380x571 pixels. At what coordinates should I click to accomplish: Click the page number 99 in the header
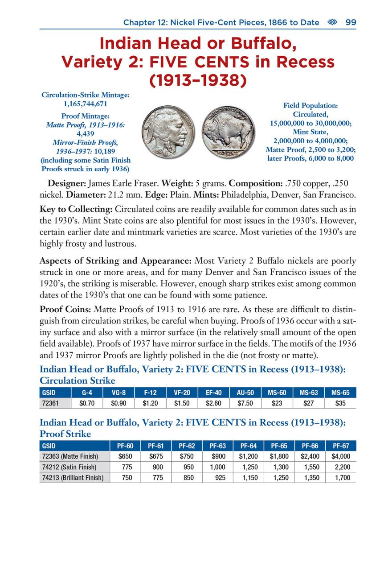tap(351, 22)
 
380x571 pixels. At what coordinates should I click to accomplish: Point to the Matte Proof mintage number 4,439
tap(85, 134)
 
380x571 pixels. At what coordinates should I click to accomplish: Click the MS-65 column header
tap(340, 393)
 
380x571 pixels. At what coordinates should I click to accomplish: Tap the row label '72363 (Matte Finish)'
tap(69, 456)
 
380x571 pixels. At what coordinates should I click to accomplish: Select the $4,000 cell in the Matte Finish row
tap(341, 456)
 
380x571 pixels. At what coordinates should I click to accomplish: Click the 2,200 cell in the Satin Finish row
tap(342, 467)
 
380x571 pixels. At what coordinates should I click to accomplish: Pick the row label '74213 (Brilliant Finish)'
tap(72, 478)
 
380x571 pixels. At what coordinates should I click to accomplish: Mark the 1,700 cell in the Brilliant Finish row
tap(342, 478)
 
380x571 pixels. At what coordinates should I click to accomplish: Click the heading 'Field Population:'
tap(310, 105)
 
